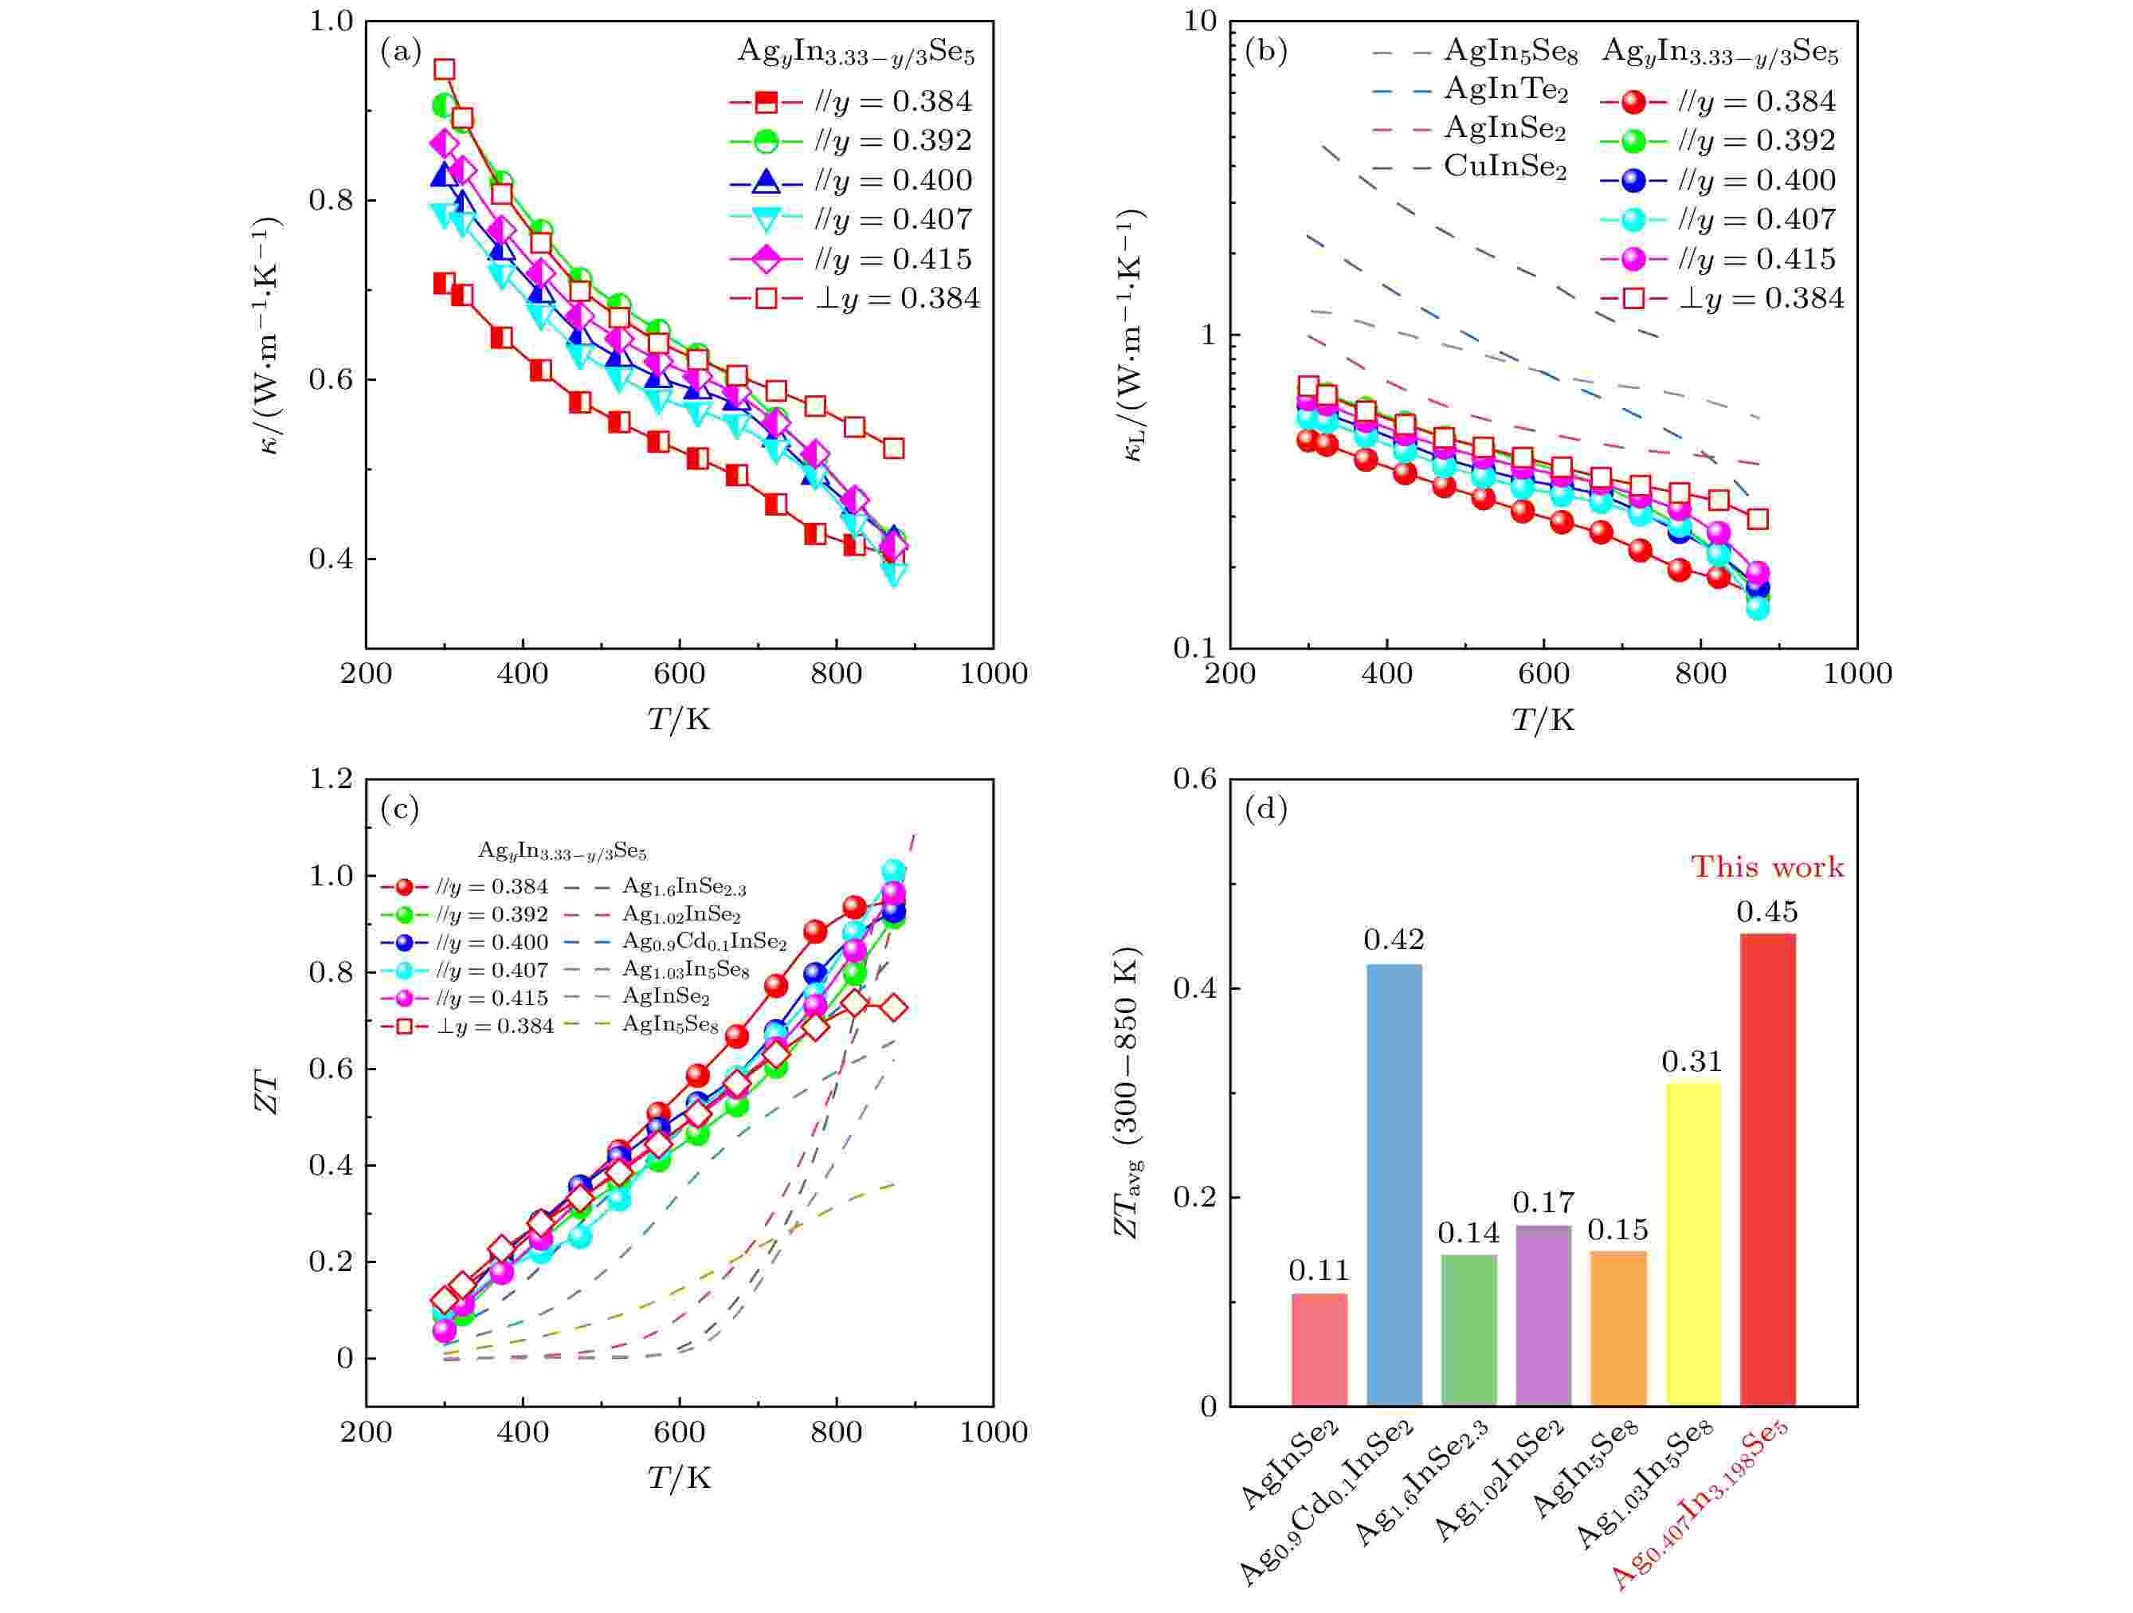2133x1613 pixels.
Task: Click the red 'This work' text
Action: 1766,867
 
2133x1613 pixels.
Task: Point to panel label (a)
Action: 401,51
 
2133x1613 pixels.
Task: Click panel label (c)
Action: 401,810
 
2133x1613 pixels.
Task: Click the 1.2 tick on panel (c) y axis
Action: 331,779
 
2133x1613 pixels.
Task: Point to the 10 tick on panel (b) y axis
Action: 1201,22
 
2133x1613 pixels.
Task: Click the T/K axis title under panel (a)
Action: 679,719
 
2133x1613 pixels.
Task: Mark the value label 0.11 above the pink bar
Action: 1319,1270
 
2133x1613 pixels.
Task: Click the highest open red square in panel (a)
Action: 444,69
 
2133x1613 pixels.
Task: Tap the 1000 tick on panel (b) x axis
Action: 1857,673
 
